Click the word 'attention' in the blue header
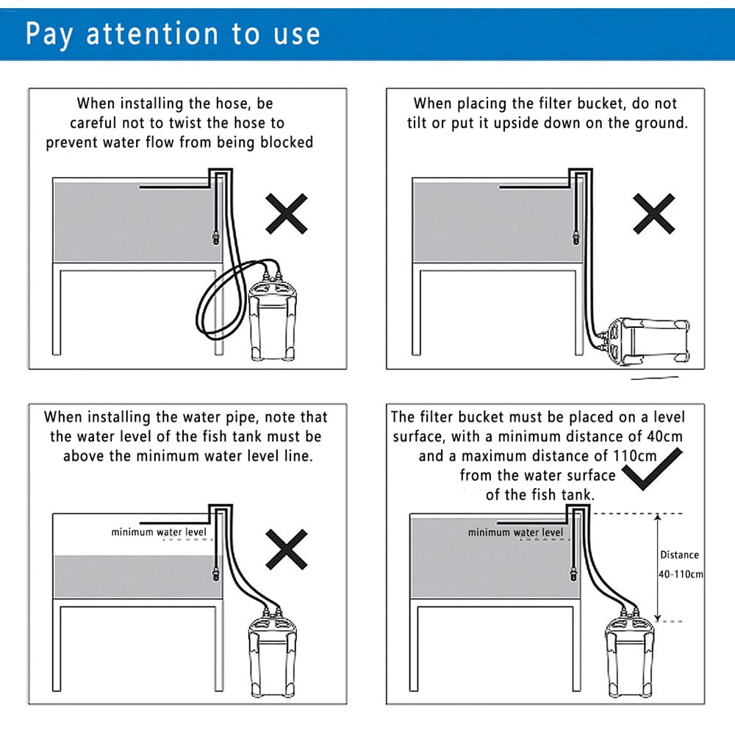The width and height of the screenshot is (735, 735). [152, 34]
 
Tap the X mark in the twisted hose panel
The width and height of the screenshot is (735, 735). [287, 214]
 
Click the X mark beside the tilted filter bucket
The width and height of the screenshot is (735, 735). [654, 214]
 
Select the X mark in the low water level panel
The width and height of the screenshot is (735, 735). [287, 549]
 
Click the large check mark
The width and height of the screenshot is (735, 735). [653, 469]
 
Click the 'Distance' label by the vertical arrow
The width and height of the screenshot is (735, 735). [679, 555]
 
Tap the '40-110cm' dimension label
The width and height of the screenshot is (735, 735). [681, 574]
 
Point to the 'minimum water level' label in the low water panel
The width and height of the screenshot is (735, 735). [159, 532]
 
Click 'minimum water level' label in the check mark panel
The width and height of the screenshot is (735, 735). [516, 532]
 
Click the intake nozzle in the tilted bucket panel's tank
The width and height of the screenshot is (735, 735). [576, 237]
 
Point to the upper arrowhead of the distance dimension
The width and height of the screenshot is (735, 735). [658, 517]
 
